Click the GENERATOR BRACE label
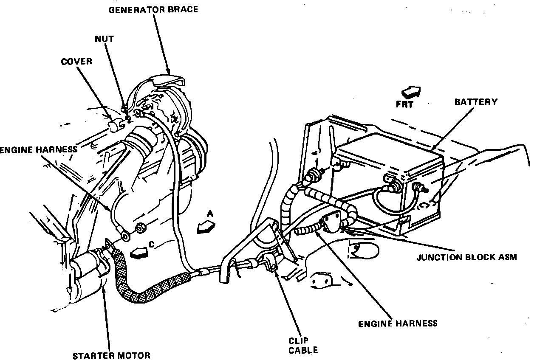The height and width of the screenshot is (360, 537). click(x=153, y=9)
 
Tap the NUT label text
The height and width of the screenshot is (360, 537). click(x=104, y=39)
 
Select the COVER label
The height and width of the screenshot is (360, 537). click(x=76, y=61)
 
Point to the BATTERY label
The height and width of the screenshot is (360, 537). click(x=476, y=102)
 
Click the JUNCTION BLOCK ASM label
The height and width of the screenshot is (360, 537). click(x=466, y=257)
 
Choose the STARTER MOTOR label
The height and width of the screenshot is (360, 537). click(x=111, y=355)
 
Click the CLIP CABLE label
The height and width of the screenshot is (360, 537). click(x=303, y=345)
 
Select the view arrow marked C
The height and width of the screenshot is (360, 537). click(x=140, y=253)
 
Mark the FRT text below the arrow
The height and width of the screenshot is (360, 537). click(x=404, y=104)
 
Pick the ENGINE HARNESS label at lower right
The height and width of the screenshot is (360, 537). click(x=398, y=323)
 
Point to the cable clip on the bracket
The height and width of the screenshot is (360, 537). click(x=268, y=261)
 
